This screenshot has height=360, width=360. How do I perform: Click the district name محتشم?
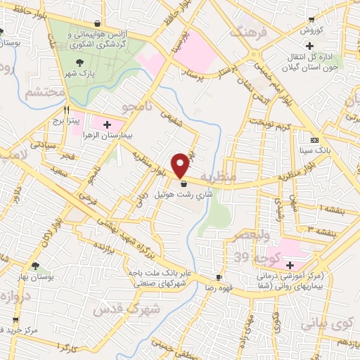point(44,92)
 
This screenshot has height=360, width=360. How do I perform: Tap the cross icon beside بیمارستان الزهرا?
point(107,124)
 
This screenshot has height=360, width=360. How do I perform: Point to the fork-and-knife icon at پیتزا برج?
point(67,110)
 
